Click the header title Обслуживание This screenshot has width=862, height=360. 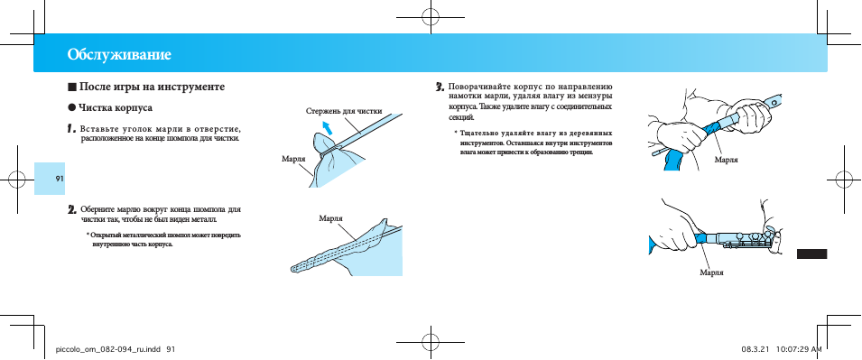coord(119,54)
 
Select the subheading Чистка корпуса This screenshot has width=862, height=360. coord(116,107)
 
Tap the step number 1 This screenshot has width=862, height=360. coord(71,129)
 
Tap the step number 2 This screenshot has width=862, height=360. coord(71,209)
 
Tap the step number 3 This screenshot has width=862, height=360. coord(440,87)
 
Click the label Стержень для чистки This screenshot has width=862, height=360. coord(344,111)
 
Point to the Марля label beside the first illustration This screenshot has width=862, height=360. coord(293,159)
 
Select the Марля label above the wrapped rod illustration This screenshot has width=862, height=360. coord(330,218)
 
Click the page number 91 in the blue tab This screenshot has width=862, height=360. coord(60,179)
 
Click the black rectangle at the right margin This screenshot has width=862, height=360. coord(811,254)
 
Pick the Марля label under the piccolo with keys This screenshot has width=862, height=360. coord(711,272)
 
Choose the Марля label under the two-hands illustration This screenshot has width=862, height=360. coord(727,160)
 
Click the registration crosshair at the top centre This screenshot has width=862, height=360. coord(431,17)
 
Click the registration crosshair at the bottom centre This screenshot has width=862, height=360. coord(431,341)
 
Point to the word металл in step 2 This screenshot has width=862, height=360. coord(203,220)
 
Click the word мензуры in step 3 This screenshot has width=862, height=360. coord(594,97)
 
